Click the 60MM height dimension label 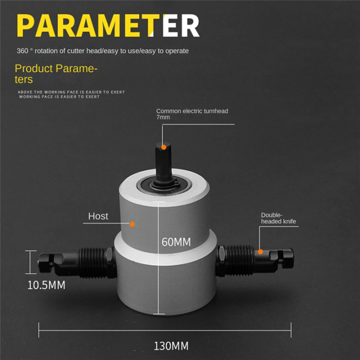coord(176,242)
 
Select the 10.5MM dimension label coord(46,285)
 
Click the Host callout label coord(98,216)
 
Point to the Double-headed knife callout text coord(278,218)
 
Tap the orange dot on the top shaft coord(163,147)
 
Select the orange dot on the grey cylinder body coord(132,224)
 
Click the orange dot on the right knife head coord(260,251)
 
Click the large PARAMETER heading coord(107,25)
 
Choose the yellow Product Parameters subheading coord(55,74)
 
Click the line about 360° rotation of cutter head coord(102,51)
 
